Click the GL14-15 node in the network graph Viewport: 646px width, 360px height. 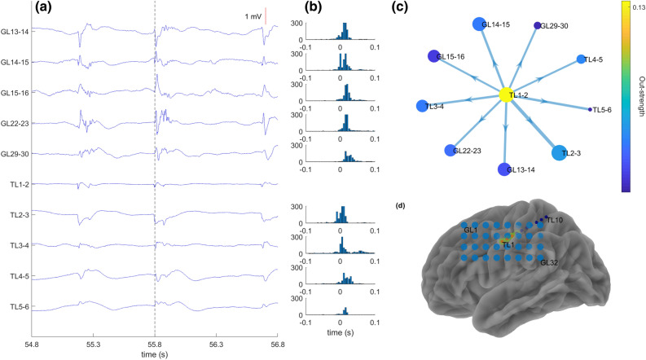pyautogui.click(x=480, y=25)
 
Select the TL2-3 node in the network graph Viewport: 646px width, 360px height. pyautogui.click(x=560, y=152)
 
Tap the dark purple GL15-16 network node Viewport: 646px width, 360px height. pyautogui.click(x=433, y=57)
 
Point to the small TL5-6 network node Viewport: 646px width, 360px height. pyautogui.click(x=589, y=109)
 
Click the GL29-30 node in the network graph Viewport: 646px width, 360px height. pyautogui.click(x=538, y=27)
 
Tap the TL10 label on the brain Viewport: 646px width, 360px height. pyautogui.click(x=554, y=220)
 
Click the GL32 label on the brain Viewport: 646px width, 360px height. pyautogui.click(x=550, y=262)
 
